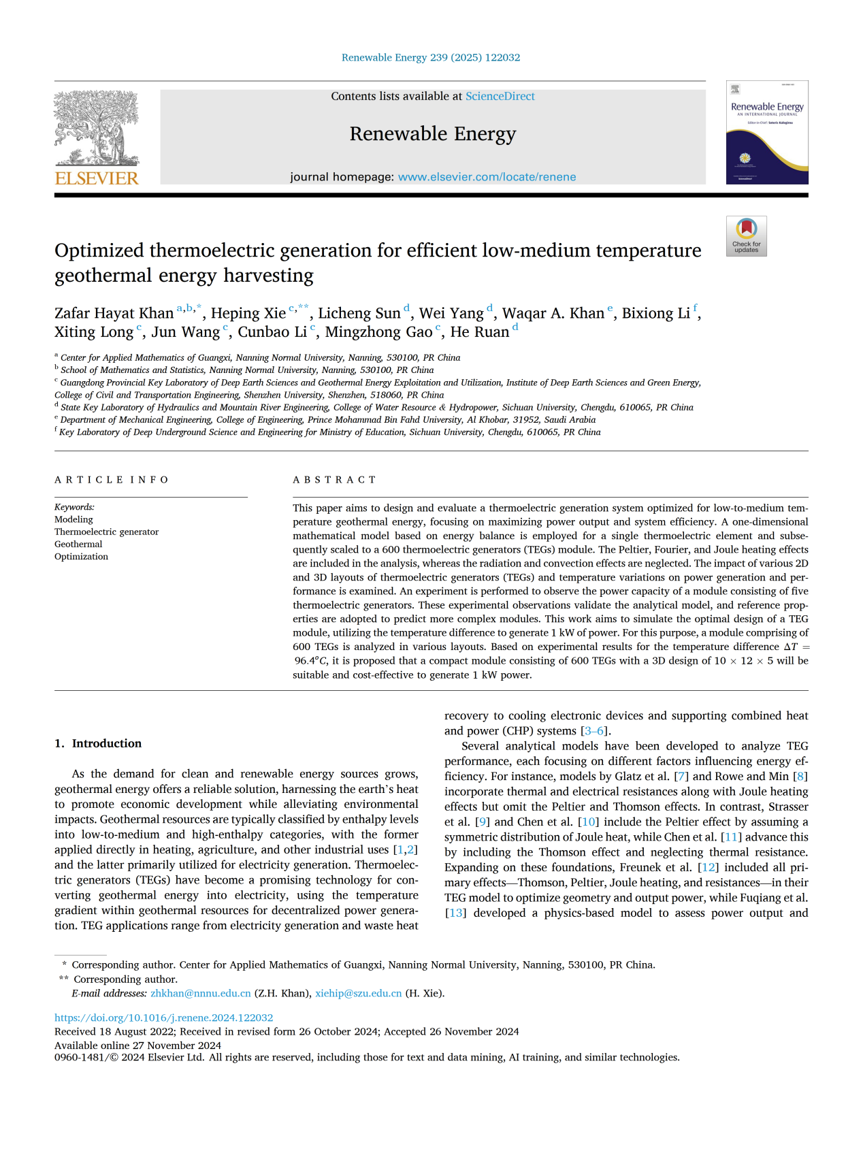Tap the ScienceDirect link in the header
pyautogui.click(x=500, y=97)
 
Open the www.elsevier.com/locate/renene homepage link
pyautogui.click(x=487, y=177)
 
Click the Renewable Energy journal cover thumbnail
pyautogui.click(x=767, y=132)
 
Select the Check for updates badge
pyautogui.click(x=746, y=236)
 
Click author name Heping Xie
pyautogui.click(x=248, y=314)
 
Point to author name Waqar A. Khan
pyautogui.click(x=553, y=314)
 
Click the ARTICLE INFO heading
pyautogui.click(x=112, y=480)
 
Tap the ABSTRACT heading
pyautogui.click(x=334, y=480)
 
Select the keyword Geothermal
pyautogui.click(x=78, y=545)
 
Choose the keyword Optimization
pyautogui.click(x=81, y=557)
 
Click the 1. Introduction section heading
pyautogui.click(x=98, y=743)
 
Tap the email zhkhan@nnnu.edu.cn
pyautogui.click(x=201, y=994)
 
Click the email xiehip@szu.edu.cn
pyautogui.click(x=358, y=994)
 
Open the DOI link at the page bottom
pyautogui.click(x=163, y=1018)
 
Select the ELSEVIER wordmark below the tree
pyautogui.click(x=97, y=178)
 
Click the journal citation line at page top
pyautogui.click(x=431, y=58)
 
